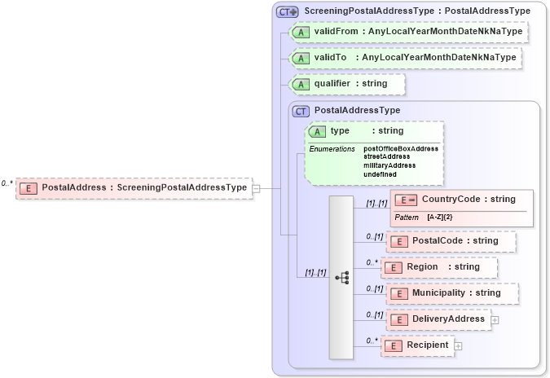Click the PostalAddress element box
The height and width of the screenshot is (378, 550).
point(134,187)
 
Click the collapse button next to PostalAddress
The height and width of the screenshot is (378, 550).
point(256,187)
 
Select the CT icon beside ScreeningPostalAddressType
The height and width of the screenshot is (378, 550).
point(287,11)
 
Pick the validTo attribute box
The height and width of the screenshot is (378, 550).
point(404,58)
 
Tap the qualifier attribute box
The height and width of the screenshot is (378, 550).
point(348,84)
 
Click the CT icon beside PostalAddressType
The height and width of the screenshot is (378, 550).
point(301,110)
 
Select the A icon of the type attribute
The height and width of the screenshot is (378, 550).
point(317,131)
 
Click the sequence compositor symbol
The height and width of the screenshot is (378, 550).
point(342,277)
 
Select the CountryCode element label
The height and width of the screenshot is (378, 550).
point(469,199)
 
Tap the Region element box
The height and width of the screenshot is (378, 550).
point(441,267)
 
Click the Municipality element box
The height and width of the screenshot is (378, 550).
point(451,293)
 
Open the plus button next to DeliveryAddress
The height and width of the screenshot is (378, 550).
point(495,319)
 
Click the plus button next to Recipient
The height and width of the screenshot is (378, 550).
point(458,345)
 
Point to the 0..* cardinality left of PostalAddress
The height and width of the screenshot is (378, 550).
point(7,184)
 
